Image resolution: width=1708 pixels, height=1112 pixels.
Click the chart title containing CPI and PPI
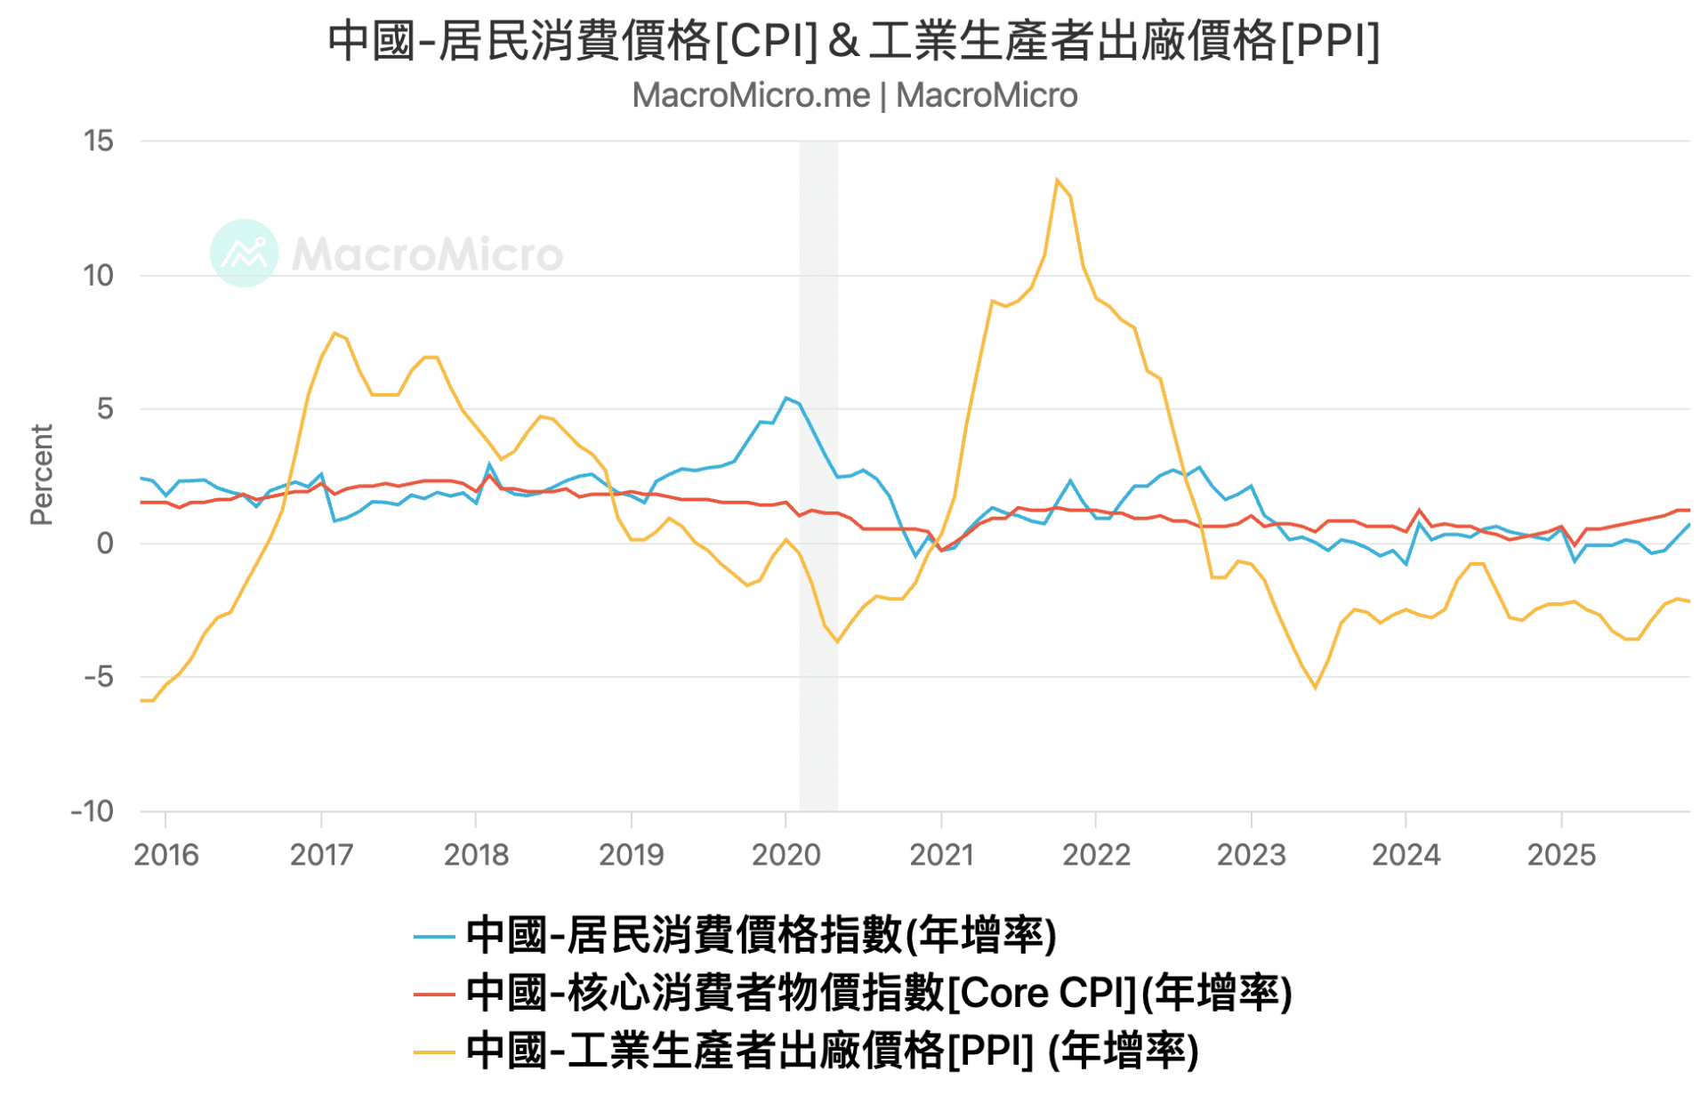tap(854, 41)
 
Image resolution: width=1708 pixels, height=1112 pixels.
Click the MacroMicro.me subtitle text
tap(854, 95)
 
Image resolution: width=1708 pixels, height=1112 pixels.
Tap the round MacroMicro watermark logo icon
tap(244, 254)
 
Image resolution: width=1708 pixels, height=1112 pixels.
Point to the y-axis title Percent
tap(41, 475)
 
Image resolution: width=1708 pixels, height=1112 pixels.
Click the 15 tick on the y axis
tap(99, 141)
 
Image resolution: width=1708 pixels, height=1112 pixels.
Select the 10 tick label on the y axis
tap(99, 275)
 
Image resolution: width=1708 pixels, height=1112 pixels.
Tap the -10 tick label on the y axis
tap(93, 811)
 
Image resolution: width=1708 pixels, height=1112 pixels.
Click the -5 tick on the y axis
tap(99, 677)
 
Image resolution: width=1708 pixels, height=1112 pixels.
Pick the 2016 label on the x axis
tap(165, 855)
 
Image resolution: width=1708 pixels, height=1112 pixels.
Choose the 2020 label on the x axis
tap(786, 855)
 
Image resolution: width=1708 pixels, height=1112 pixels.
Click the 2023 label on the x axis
tap(1251, 855)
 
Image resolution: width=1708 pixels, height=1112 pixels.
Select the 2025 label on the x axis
tap(1561, 855)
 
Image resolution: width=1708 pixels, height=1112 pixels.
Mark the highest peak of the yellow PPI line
tap(1057, 180)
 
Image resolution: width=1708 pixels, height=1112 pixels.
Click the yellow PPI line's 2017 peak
tap(334, 334)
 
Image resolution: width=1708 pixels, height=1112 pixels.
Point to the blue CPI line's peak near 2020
tap(786, 398)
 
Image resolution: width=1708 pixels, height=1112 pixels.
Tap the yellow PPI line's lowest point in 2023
tap(1315, 688)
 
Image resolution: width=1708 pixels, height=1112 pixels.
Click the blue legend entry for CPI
tap(735, 935)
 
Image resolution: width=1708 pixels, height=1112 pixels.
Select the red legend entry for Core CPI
tap(852, 993)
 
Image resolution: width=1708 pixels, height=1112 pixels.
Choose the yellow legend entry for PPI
tap(806, 1051)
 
